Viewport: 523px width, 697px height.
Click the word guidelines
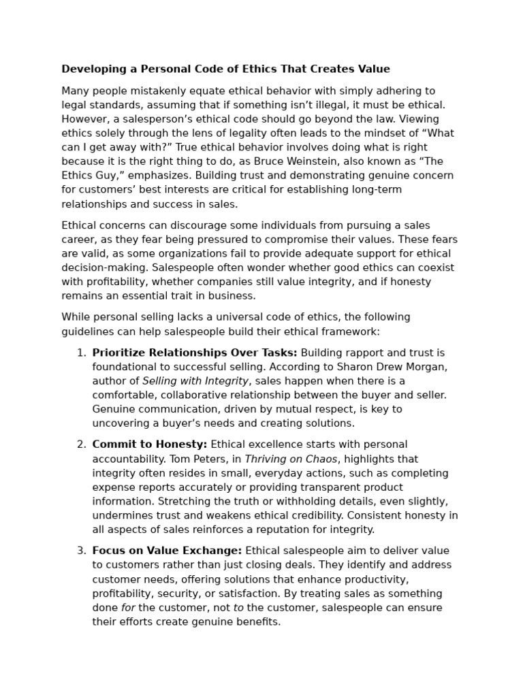click(x=89, y=331)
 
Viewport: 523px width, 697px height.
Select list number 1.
click(x=80, y=353)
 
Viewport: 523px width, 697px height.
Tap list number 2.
click(x=80, y=444)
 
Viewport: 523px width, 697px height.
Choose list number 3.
click(x=80, y=551)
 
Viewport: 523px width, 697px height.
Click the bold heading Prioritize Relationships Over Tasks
click(x=195, y=353)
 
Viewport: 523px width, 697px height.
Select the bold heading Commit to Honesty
click(x=150, y=444)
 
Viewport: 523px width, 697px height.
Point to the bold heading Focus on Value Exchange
click(x=167, y=551)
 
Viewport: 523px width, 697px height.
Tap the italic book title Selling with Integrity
click(x=195, y=381)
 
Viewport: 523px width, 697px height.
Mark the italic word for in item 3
click(x=128, y=608)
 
